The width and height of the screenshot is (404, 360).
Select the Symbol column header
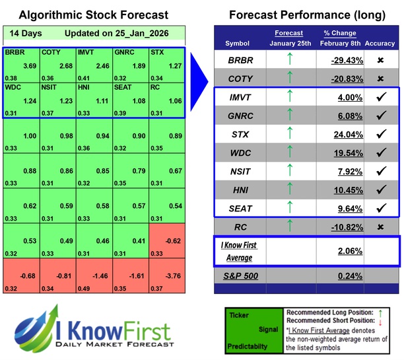tap(238, 44)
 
